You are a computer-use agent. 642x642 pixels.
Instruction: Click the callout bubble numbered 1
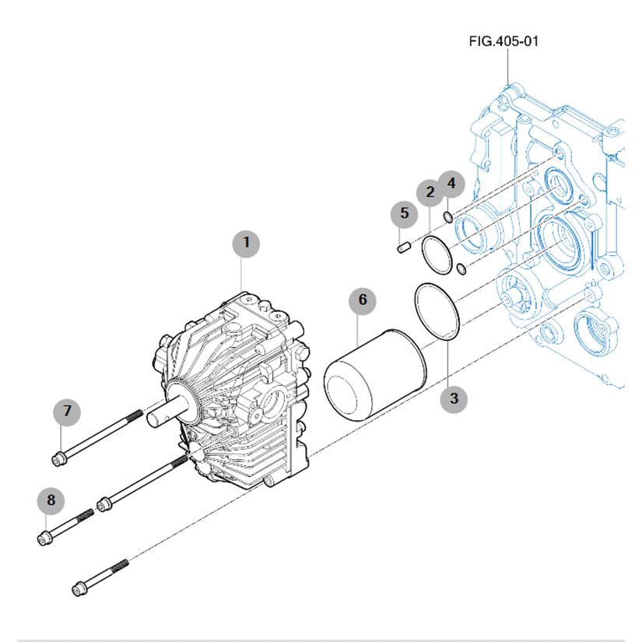tap(247, 243)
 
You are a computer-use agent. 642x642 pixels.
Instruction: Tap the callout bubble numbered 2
tap(429, 192)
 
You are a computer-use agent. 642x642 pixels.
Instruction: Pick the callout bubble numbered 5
tap(404, 212)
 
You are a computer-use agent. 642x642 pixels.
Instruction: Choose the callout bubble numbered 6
tap(362, 300)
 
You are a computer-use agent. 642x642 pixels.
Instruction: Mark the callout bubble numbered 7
tap(67, 411)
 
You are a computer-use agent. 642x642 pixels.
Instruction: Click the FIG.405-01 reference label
tap(503, 40)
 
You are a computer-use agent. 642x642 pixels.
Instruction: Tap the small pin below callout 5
tap(402, 247)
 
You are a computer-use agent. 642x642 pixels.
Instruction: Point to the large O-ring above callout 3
tap(440, 311)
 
